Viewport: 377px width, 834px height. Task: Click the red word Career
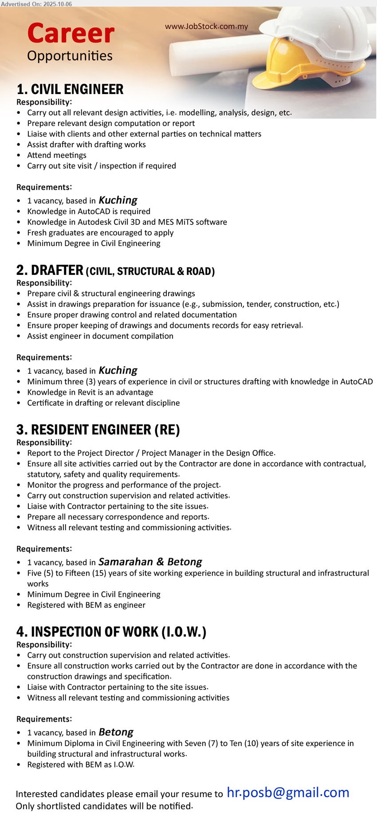pyautogui.click(x=71, y=34)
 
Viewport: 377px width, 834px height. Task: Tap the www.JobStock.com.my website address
pyautogui.click(x=206, y=27)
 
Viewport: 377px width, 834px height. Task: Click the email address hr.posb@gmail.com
pyautogui.click(x=288, y=792)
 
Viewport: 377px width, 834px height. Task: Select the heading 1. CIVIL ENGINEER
pyautogui.click(x=70, y=90)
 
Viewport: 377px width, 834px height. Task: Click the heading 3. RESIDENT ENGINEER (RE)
pyautogui.click(x=98, y=430)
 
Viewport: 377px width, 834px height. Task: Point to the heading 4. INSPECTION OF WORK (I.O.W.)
pyautogui.click(x=111, y=632)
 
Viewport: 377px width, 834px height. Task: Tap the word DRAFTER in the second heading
pyautogui.click(x=57, y=270)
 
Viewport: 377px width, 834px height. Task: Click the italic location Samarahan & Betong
pyautogui.click(x=150, y=562)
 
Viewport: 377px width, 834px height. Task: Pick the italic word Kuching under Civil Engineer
pyautogui.click(x=118, y=200)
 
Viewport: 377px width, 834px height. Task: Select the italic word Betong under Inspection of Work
pyautogui.click(x=116, y=732)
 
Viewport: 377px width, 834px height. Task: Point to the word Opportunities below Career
pyautogui.click(x=70, y=56)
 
